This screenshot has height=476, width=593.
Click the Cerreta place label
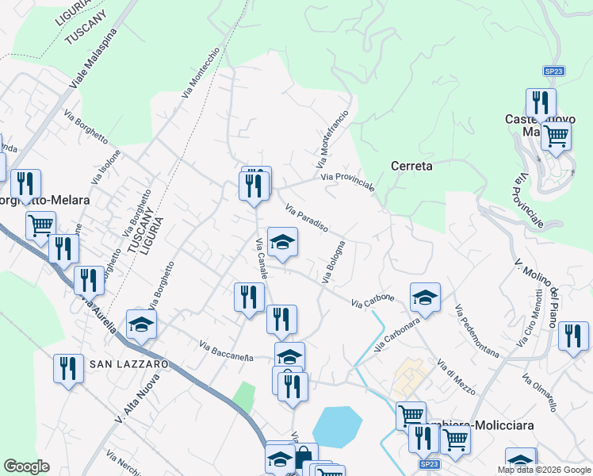tap(411, 166)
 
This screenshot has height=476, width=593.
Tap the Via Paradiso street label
tap(306, 218)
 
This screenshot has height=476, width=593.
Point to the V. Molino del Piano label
tap(546, 292)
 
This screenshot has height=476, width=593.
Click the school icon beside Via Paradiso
tap(282, 242)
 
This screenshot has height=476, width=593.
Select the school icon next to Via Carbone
tap(425, 298)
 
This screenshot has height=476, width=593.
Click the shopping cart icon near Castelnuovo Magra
tap(556, 136)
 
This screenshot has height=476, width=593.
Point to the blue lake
tap(337, 426)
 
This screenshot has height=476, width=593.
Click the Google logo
tap(26, 466)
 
